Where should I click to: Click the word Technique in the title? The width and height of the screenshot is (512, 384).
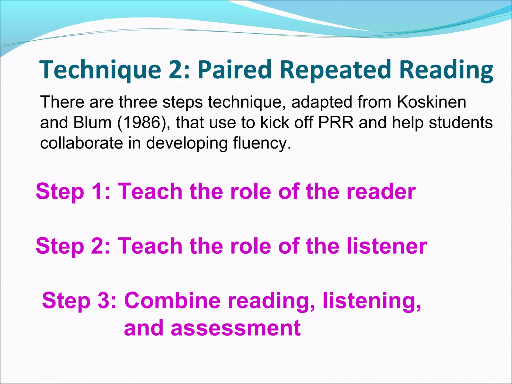[100, 70]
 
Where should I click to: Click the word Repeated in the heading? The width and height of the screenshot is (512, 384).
[335, 70]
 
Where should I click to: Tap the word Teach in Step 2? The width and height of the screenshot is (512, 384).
[150, 246]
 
